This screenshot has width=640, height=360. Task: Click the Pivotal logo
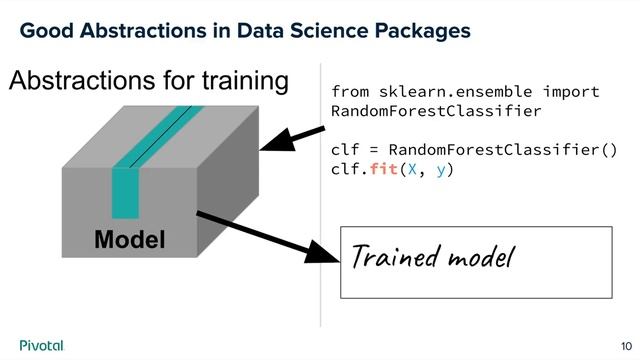pyautogui.click(x=41, y=345)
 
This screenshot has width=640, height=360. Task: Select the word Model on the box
pyautogui.click(x=129, y=240)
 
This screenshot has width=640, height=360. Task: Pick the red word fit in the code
pyautogui.click(x=383, y=170)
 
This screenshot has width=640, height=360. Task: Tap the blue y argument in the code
pyautogui.click(x=442, y=170)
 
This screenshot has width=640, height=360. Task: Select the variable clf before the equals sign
pyautogui.click(x=345, y=150)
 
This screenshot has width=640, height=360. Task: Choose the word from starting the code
pyautogui.click(x=350, y=92)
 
